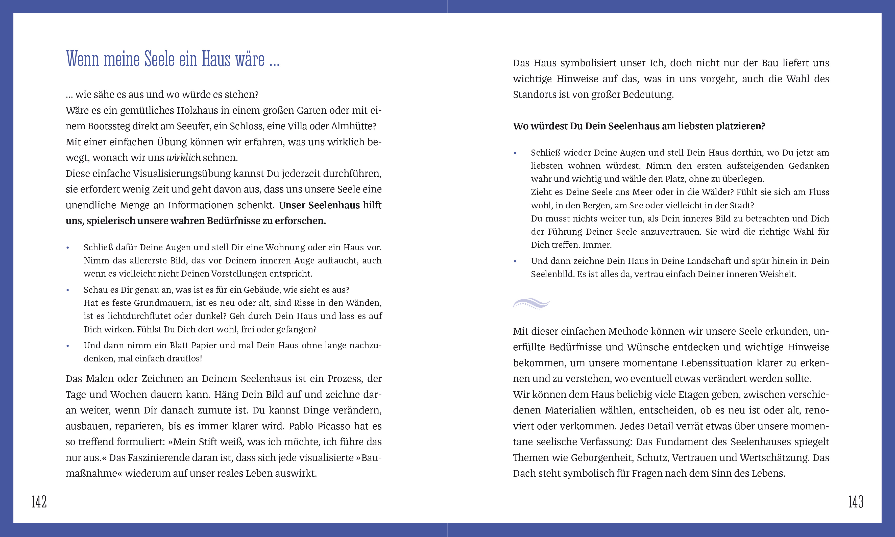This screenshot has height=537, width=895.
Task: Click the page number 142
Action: point(39,502)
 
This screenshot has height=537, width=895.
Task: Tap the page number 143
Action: point(856,502)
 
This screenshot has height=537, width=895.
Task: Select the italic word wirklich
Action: point(183,158)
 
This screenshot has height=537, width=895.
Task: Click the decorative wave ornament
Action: point(531,303)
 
